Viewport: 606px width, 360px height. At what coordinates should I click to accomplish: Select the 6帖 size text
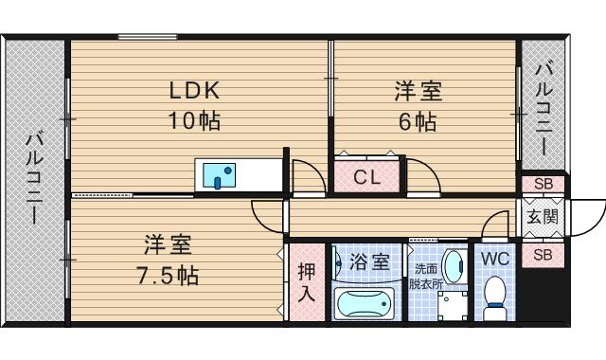coord(418,121)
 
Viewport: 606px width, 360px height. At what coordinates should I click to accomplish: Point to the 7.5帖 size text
coord(168,277)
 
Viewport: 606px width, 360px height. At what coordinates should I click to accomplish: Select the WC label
coord(496,259)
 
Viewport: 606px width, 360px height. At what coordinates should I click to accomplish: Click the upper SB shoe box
coord(543,184)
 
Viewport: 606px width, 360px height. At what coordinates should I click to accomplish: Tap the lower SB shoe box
coord(543,254)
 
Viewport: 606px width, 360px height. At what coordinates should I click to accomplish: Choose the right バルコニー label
coord(545,110)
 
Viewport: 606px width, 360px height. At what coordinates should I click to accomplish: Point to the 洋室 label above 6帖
coord(418,92)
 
